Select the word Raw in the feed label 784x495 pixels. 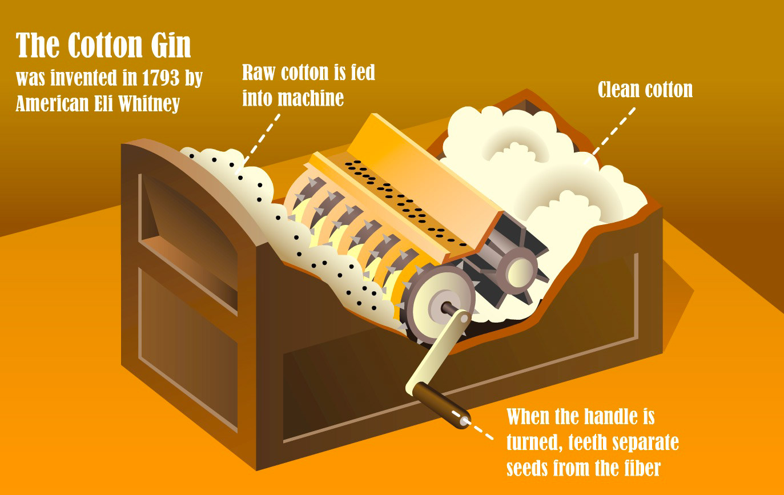(x=258, y=73)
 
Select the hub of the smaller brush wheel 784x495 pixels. (x=517, y=269)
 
